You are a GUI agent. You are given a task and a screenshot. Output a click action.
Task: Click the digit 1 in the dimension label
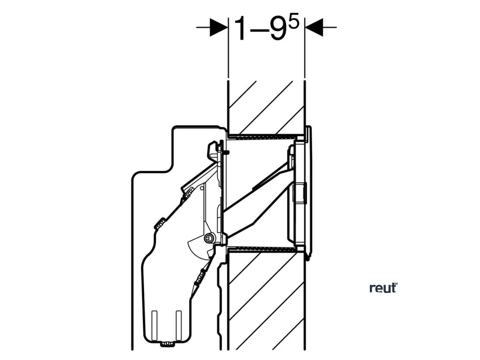[x=240, y=29]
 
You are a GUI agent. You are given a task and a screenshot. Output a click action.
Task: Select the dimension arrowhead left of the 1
[x=217, y=27]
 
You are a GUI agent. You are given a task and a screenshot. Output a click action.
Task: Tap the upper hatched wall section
[x=266, y=105]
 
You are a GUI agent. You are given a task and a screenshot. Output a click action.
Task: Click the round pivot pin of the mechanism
[x=208, y=239]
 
